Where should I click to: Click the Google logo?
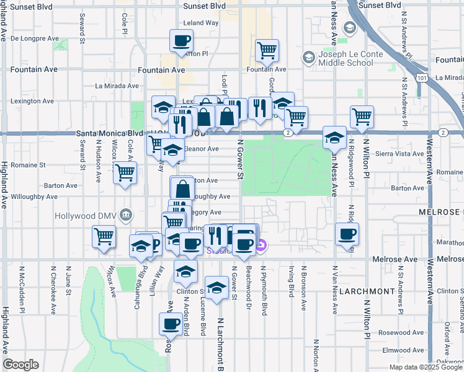click(20, 365)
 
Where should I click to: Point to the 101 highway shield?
click(422, 79)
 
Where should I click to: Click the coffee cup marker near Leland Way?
click(181, 42)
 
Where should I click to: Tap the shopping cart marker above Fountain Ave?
click(267, 50)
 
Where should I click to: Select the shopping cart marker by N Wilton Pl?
click(361, 116)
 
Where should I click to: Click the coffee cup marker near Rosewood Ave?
click(171, 323)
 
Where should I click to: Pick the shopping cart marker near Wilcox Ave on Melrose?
click(104, 236)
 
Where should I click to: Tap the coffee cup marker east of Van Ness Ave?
click(346, 234)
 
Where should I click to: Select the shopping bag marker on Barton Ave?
click(183, 188)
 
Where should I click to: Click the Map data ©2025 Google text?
click(425, 366)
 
